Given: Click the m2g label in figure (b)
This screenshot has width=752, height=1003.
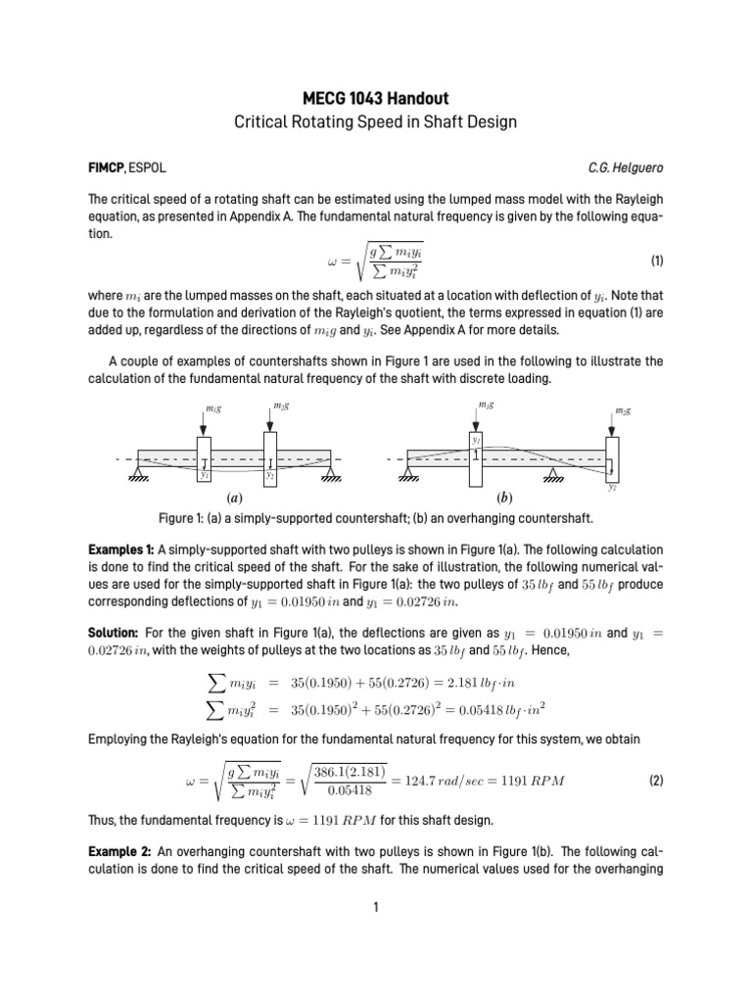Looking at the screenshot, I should pos(622,410).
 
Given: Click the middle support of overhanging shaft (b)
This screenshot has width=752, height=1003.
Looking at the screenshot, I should pos(553,475).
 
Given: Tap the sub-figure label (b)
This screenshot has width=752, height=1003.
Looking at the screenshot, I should pos(506,498).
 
